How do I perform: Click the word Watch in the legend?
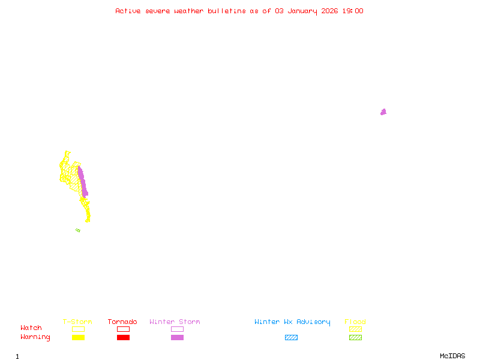[x=31, y=328]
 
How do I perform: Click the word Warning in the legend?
[x=35, y=337]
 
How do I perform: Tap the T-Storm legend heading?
[x=77, y=322]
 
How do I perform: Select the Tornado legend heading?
[x=122, y=322]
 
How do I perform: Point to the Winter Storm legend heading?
[x=175, y=322]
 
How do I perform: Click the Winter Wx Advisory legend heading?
[x=292, y=322]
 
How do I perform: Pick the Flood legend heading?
[x=355, y=322]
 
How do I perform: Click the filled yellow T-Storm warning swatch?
[x=78, y=338]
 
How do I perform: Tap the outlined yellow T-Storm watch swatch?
[x=78, y=329]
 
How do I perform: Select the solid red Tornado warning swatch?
[x=123, y=338]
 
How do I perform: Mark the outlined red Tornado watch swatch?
[x=123, y=329]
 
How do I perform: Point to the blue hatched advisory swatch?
[x=291, y=338]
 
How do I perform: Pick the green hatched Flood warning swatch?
[x=355, y=338]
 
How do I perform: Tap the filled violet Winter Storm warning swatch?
[x=177, y=338]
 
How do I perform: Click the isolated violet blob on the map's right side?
[x=383, y=112]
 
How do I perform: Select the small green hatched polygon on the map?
[x=78, y=230]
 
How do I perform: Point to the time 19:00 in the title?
[x=353, y=11]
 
